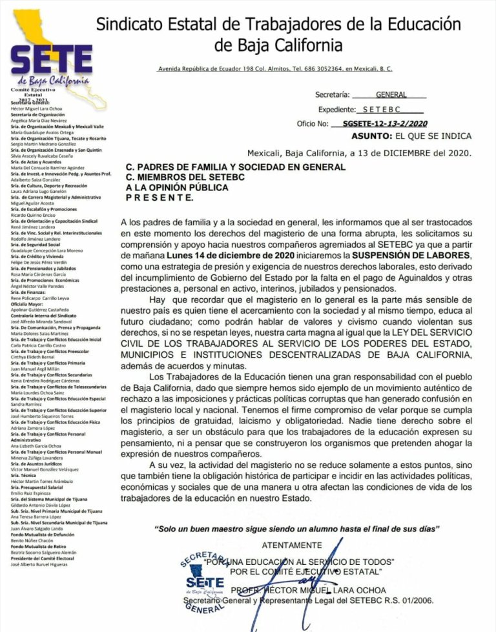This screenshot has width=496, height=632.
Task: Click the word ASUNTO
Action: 371,136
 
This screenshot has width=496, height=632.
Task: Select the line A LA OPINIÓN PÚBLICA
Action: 177,187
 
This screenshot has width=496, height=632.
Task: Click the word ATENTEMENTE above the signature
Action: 292,545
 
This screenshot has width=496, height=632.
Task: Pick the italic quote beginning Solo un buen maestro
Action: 297,529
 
